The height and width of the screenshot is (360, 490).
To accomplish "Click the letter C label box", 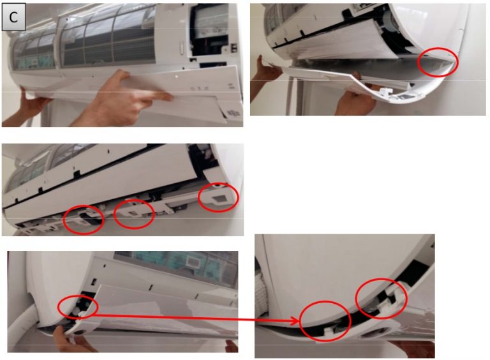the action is pos(13,17).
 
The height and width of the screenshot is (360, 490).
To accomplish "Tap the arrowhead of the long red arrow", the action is pos(295,320).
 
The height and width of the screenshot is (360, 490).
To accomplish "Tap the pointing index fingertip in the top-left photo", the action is pos(170,98).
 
